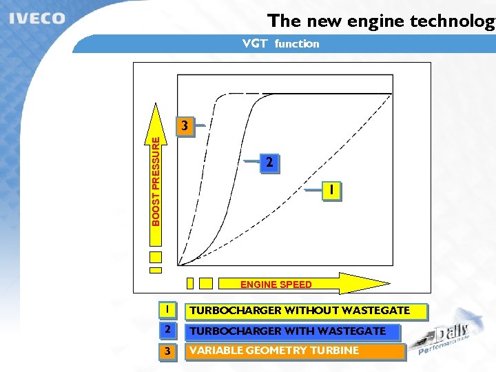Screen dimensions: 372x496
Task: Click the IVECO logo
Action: pyautogui.click(x=38, y=19)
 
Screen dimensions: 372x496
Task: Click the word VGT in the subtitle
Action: pyautogui.click(x=255, y=44)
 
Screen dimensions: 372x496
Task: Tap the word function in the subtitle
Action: pyautogui.click(x=297, y=44)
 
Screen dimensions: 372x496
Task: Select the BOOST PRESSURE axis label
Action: pyautogui.click(x=156, y=180)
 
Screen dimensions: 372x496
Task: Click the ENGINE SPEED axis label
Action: pyautogui.click(x=276, y=284)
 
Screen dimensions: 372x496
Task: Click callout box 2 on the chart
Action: pyautogui.click(x=269, y=163)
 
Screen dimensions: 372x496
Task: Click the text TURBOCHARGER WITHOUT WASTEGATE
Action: pyautogui.click(x=300, y=311)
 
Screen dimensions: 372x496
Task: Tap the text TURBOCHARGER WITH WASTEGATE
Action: pyautogui.click(x=288, y=331)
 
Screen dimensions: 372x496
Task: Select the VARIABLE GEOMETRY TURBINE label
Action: pyautogui.click(x=274, y=351)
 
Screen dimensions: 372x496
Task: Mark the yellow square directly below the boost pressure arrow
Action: pyautogui.click(x=156, y=258)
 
